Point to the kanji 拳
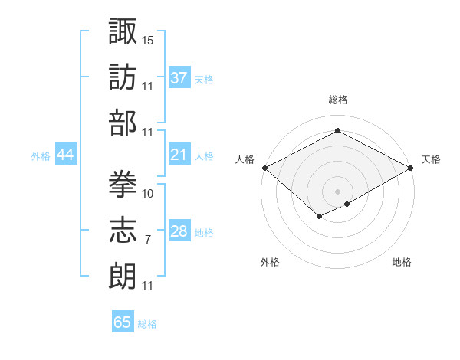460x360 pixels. point(123,182)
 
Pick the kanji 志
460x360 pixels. point(123,227)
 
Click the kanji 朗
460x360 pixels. point(123,273)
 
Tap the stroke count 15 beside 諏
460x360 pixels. point(148,39)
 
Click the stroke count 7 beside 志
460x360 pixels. point(147,240)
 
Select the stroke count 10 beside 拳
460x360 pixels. point(148,193)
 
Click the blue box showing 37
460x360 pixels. point(179,78)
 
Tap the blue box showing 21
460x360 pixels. point(179,155)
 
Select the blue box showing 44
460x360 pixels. point(65,155)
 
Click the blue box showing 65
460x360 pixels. point(123,322)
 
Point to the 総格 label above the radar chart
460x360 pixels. point(337,100)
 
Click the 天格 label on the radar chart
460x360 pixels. point(431,159)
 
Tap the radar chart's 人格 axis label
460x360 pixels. point(245,159)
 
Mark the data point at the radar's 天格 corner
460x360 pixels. point(412,168)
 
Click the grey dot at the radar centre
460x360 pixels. point(337,190)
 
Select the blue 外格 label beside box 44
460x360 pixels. point(41,156)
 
